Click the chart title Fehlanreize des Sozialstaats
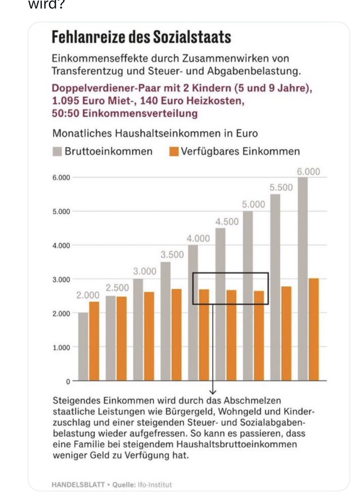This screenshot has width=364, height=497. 141,38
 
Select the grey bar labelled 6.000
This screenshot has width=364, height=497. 302,277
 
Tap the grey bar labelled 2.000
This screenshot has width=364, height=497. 83,346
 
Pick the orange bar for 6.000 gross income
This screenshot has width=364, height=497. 314,329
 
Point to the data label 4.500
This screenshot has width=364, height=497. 227,222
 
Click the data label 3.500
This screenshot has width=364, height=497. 172,255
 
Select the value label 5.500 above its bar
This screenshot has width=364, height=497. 281,188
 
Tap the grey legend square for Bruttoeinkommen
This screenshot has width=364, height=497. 57,152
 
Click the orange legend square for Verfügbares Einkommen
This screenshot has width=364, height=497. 174,152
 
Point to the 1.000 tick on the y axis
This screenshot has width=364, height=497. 61,347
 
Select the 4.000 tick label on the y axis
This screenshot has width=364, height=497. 61,245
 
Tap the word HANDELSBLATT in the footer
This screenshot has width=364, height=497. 77,485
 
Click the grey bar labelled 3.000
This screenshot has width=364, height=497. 138,330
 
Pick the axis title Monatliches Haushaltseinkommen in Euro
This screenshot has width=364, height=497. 155,133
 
